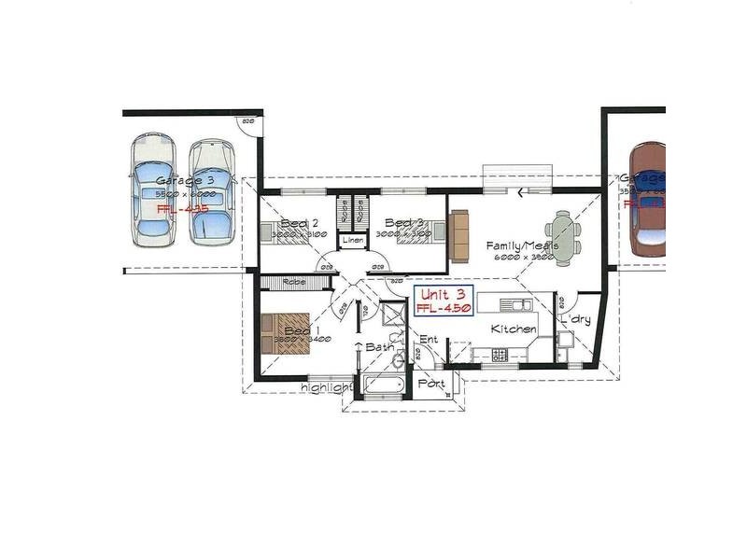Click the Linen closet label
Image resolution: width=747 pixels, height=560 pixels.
352,241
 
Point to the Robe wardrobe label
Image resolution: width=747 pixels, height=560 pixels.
295,283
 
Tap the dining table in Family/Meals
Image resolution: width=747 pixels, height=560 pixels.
563,233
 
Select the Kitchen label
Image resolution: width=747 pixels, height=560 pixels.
514,329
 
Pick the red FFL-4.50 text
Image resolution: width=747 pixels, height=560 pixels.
444,308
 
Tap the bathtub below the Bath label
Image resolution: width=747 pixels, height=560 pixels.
381,385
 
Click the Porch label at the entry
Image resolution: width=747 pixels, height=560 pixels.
431,384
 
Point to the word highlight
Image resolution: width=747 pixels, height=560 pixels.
326,387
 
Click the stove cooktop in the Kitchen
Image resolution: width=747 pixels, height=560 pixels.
500,355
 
